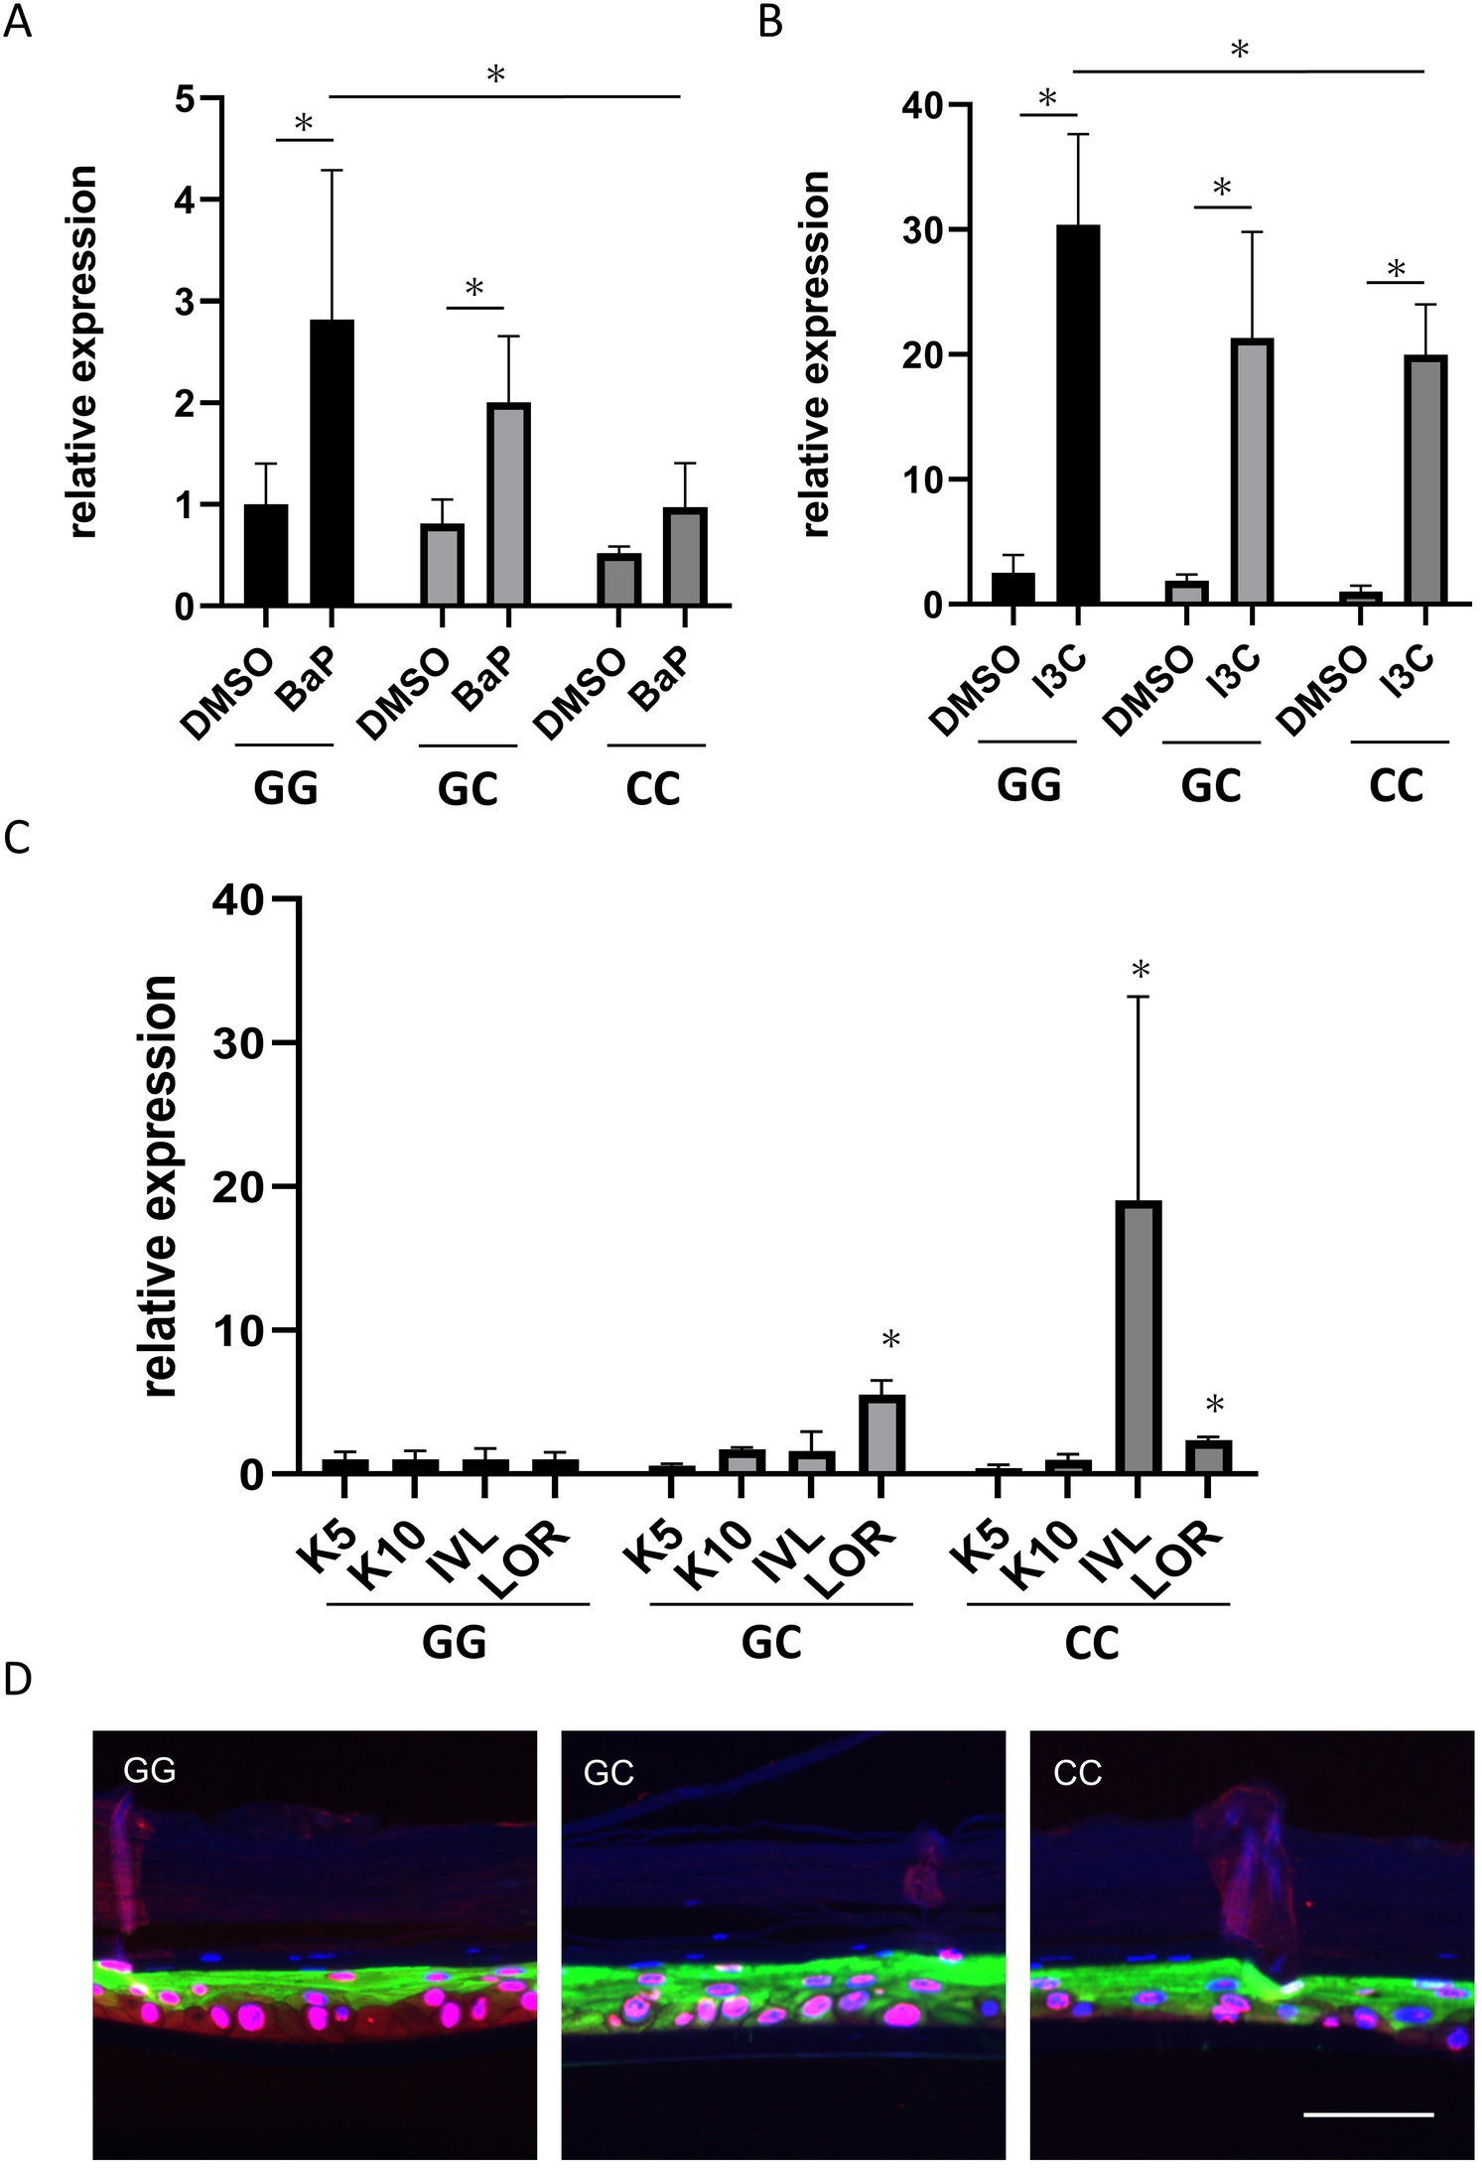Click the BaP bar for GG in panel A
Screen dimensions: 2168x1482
pyautogui.click(x=332, y=463)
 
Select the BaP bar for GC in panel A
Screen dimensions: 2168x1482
pyautogui.click(x=508, y=504)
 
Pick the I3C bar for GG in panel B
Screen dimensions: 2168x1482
pyautogui.click(x=1077, y=415)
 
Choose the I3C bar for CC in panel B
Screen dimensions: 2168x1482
pyautogui.click(x=1424, y=479)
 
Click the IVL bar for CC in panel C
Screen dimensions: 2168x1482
pyautogui.click(x=1138, y=1336)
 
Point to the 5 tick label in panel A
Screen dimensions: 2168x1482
pyautogui.click(x=185, y=99)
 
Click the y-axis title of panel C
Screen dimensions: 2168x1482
pyautogui.click(x=160, y=1186)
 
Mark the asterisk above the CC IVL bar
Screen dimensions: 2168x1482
pyautogui.click(x=1140, y=970)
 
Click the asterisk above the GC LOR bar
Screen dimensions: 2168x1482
pyautogui.click(x=890, y=1341)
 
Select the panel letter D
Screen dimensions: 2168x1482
pyautogui.click(x=19, y=1680)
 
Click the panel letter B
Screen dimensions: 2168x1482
pyautogui.click(x=770, y=22)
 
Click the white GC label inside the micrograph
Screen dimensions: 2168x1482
pyautogui.click(x=608, y=1772)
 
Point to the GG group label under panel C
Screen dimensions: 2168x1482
pyautogui.click(x=454, y=1642)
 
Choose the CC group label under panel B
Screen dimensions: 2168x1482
pyautogui.click(x=1396, y=785)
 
